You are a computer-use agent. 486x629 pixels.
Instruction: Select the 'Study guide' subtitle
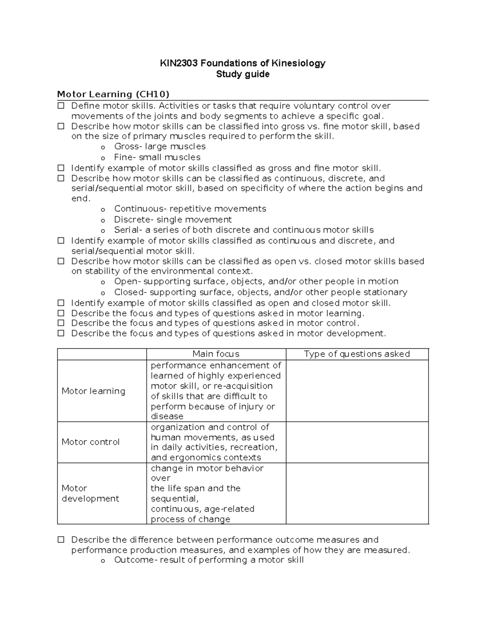click(243, 74)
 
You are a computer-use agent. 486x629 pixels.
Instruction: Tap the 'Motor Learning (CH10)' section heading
click(113, 94)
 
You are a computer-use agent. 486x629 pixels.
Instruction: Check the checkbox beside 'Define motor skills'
click(61, 106)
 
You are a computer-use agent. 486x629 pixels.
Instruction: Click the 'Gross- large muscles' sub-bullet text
click(160, 147)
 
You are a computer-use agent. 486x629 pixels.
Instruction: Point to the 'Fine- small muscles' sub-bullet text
click(157, 157)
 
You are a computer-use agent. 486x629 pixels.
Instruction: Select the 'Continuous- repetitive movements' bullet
click(190, 209)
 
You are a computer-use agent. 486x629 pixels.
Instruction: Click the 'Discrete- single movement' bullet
click(173, 220)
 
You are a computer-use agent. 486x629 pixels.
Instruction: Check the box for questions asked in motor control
click(61, 323)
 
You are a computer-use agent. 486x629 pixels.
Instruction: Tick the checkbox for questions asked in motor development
click(61, 333)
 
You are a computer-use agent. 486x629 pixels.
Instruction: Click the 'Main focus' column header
click(216, 354)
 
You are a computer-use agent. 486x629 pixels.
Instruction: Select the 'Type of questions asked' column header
click(357, 354)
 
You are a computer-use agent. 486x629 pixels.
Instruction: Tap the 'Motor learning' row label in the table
click(93, 391)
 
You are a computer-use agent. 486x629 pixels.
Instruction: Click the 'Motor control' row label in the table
click(90, 442)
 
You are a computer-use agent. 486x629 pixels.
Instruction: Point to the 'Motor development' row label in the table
click(90, 493)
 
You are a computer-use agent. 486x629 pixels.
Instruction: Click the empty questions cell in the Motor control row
click(357, 442)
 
